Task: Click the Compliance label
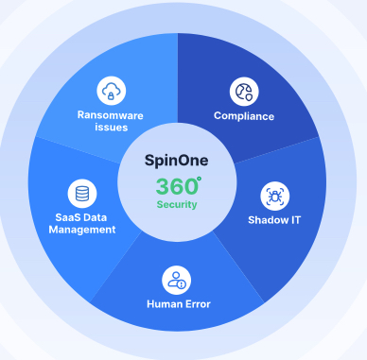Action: click(244, 116)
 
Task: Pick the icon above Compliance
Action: click(244, 92)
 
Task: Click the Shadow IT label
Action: click(275, 219)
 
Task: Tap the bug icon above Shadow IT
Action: click(275, 196)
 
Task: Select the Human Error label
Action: click(178, 304)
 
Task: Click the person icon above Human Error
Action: click(177, 279)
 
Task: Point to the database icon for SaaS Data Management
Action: click(82, 193)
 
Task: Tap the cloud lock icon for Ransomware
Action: click(112, 91)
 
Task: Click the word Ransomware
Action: click(112, 114)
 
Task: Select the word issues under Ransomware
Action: click(112, 128)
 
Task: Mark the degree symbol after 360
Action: click(199, 177)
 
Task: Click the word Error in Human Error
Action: click(196, 304)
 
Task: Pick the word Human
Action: click(164, 304)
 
